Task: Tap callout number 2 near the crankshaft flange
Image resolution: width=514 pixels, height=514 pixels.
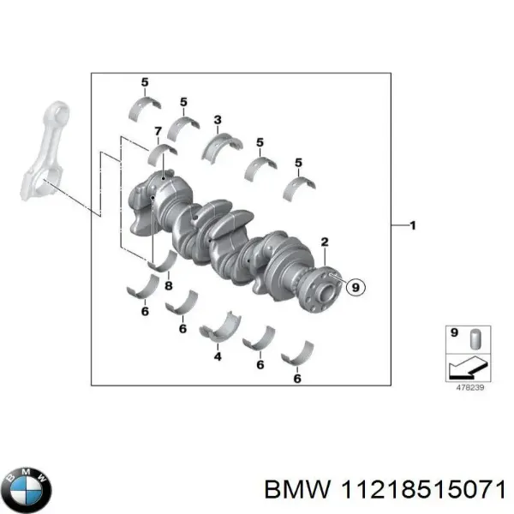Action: click(325, 242)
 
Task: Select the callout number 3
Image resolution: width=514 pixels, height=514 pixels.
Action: click(218, 119)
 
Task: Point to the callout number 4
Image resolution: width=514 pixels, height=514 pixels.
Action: click(218, 356)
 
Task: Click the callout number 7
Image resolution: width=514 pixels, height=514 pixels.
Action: click(157, 131)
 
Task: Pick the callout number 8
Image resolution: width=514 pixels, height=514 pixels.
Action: click(168, 285)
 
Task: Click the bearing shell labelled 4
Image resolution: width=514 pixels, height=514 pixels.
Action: click(219, 330)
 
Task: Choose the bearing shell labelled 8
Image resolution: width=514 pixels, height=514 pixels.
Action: click(162, 261)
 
